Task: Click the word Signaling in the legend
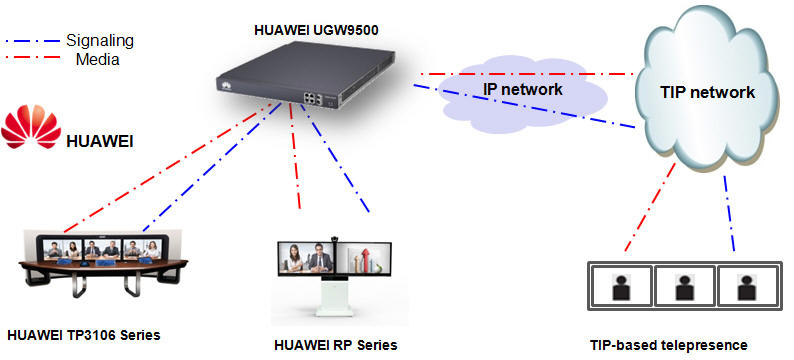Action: [x=99, y=41]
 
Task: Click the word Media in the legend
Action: [x=98, y=59]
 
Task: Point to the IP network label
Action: [x=523, y=89]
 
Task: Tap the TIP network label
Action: [x=708, y=92]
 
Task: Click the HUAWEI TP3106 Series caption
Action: [x=83, y=333]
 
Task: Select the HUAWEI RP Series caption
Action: [x=336, y=345]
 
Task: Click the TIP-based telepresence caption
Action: [x=668, y=345]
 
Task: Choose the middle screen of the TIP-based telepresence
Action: [x=684, y=287]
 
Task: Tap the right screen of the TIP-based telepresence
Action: [x=744, y=287]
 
